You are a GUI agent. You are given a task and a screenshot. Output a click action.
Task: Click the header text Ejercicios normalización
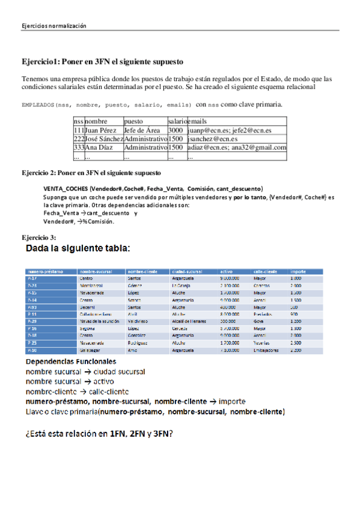click(54, 26)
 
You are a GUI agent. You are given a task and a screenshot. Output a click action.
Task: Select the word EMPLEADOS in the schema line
click(37, 105)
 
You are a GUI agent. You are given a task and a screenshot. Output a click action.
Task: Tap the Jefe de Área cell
click(142, 130)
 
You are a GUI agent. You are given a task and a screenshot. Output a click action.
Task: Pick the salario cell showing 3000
click(175, 130)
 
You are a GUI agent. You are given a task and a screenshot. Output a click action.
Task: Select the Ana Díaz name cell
click(96, 147)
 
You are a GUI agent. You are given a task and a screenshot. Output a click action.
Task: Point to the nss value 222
click(79, 139)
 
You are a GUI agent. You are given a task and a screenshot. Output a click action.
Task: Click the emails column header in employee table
click(200, 121)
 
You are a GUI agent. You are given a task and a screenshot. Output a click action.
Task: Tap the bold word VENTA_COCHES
click(66, 188)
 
